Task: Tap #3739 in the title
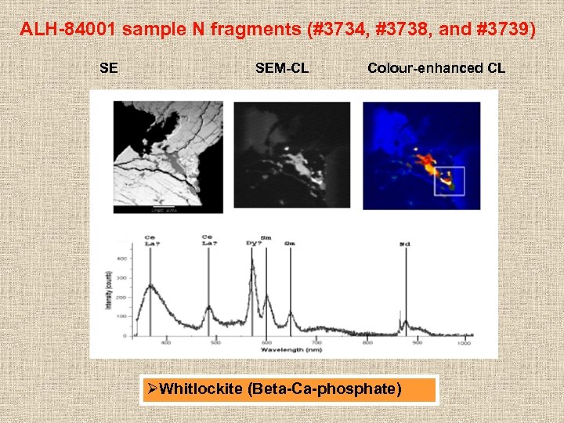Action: coord(500,31)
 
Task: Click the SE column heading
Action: coord(109,68)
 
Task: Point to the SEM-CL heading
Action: coord(282,68)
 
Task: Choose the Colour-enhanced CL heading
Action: coord(436,68)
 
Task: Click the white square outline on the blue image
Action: coord(450,181)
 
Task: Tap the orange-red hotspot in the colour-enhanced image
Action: coord(426,164)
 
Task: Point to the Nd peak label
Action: coord(405,244)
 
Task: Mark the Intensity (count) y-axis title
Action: coord(109,290)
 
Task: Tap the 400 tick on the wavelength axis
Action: coord(166,342)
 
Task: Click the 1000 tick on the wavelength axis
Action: coord(465,342)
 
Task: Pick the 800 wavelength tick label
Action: coord(367,342)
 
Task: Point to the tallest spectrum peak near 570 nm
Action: coord(252,266)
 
